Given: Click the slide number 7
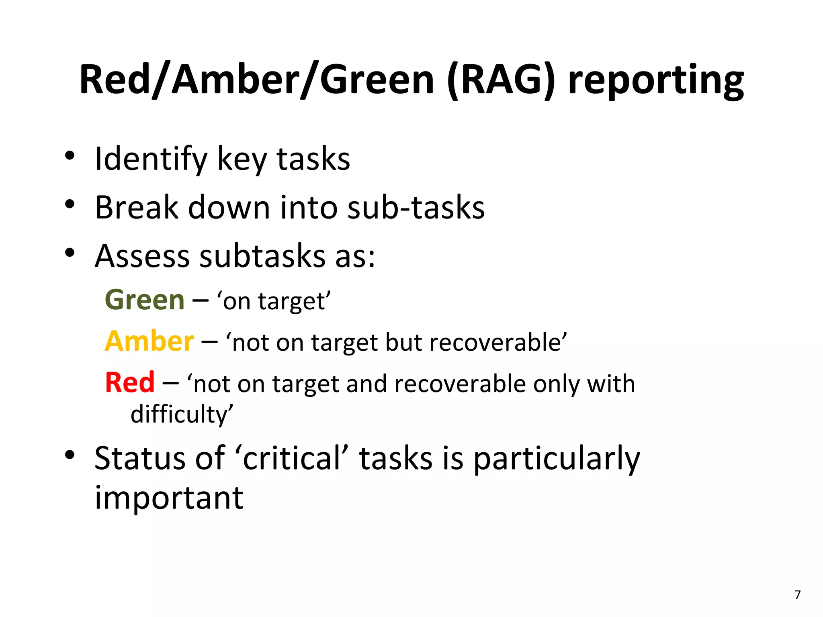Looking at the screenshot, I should (797, 595).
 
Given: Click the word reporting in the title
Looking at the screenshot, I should (656, 80).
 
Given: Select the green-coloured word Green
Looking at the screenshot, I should (145, 300).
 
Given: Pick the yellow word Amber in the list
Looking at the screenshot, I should (149, 341).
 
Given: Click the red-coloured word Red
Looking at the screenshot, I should (130, 382).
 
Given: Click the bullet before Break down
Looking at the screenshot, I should (70, 204).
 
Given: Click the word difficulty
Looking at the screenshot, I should (181, 415).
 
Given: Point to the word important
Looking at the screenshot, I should (169, 498).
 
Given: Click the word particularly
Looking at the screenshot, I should (556, 459).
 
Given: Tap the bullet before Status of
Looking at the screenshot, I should (70, 455).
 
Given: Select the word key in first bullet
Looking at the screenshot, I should (242, 160).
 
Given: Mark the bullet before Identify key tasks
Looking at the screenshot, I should (70, 155).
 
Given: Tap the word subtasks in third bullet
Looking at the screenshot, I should (262, 256).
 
